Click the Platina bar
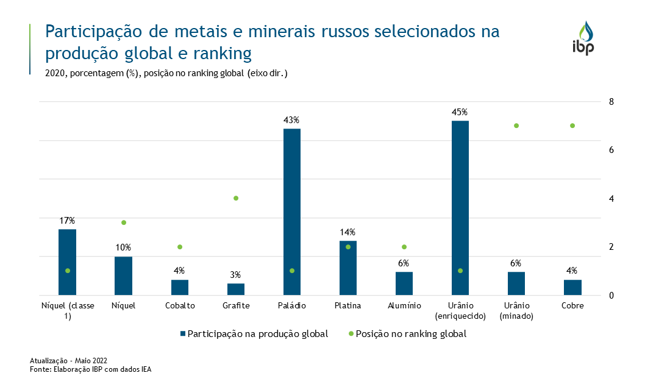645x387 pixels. pos(348,268)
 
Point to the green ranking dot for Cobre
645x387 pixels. pos(572,126)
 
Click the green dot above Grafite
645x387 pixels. pos(236,198)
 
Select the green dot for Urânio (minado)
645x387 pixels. pos(516,126)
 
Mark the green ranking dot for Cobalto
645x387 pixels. pos(180,247)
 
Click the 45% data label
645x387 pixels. pos(460,112)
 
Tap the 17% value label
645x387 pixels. pos(67,220)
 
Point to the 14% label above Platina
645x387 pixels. pos(347,232)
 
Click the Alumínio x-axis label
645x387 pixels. pos(404,306)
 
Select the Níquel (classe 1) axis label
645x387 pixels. pos(67,311)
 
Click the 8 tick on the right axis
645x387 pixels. pos(611,101)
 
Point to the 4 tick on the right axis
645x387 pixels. pos(611,199)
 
